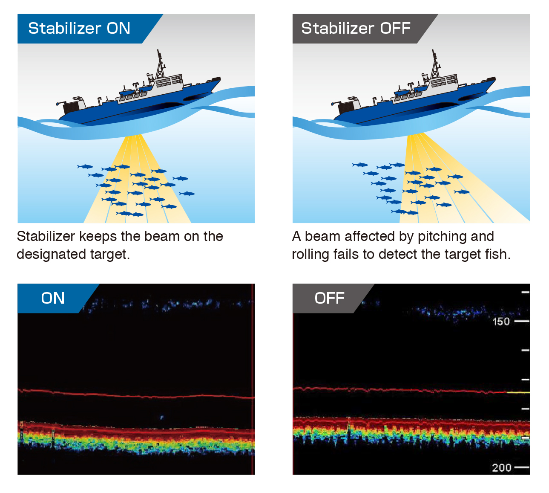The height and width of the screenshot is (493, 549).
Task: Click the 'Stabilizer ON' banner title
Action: [x=79, y=28]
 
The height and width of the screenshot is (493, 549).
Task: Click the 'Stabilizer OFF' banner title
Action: [x=356, y=28]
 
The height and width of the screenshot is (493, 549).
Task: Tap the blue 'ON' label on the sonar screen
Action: [x=53, y=298]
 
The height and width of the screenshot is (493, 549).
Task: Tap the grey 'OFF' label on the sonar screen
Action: [x=330, y=298]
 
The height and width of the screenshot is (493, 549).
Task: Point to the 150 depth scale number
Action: [x=501, y=322]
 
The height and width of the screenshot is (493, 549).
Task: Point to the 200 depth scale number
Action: [x=502, y=468]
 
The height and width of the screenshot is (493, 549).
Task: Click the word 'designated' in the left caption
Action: [x=51, y=255]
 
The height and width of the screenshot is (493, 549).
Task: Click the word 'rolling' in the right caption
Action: [x=310, y=255]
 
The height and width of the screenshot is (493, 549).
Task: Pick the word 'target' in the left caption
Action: [x=110, y=255]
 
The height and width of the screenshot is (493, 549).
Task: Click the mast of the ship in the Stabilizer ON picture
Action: [x=160, y=64]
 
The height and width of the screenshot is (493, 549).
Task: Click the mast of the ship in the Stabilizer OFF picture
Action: [x=435, y=64]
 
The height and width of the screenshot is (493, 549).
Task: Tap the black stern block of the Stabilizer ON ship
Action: [x=71, y=107]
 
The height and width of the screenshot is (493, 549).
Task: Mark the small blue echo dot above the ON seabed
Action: [x=162, y=417]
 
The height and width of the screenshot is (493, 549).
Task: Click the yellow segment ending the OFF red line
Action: [x=518, y=392]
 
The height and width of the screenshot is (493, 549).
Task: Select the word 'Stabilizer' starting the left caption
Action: [x=46, y=236]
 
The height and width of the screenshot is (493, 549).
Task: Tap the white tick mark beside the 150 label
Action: [x=522, y=321]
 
